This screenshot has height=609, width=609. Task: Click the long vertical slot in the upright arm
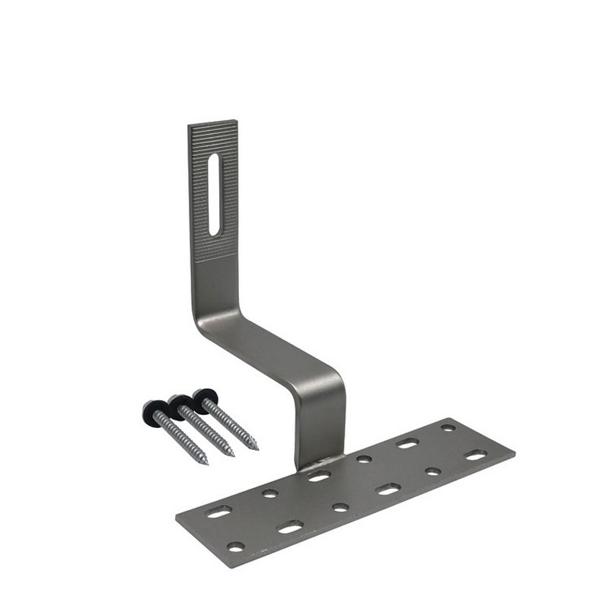coord(214,194)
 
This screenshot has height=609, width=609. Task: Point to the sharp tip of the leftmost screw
coord(206,464)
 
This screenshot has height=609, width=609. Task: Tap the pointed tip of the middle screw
coord(232,455)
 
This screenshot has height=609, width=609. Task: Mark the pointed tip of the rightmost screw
coord(257,448)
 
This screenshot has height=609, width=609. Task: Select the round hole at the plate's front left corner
coord(236,547)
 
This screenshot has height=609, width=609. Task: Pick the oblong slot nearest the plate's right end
coord(476,454)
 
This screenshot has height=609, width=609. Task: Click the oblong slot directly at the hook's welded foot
coord(319,477)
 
